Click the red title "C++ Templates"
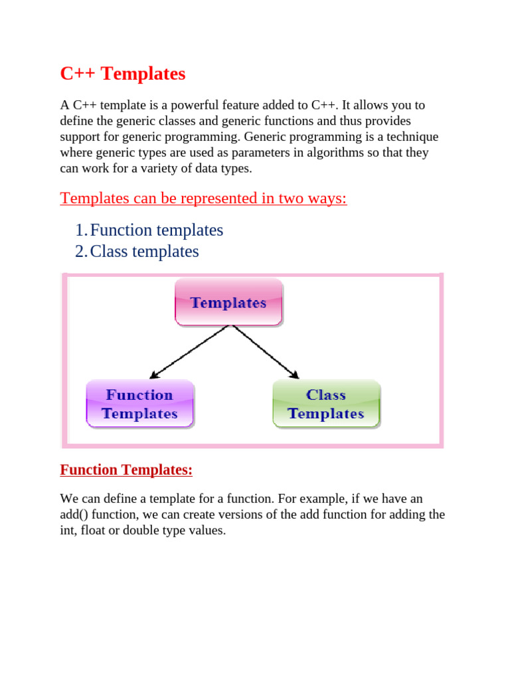(123, 74)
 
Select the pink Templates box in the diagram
(228, 303)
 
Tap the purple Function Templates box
(140, 404)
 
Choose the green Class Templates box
(326, 404)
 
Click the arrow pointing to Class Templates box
(266, 352)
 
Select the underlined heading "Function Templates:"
(126, 470)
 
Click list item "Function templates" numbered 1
(156, 230)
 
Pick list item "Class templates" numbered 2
(144, 252)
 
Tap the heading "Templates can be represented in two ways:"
(203, 198)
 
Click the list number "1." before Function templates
(80, 230)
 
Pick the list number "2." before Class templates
(80, 252)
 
